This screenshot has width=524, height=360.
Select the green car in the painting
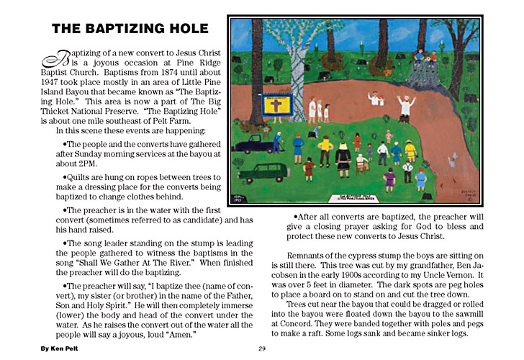click(260, 174)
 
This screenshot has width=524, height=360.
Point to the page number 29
click(263, 348)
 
